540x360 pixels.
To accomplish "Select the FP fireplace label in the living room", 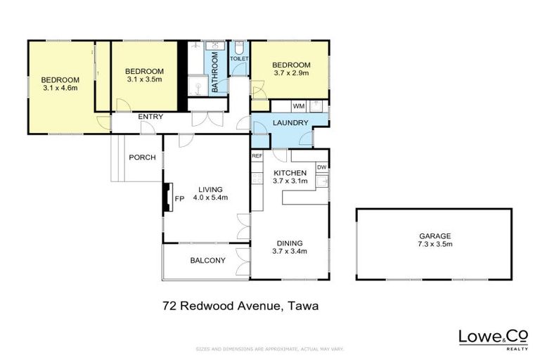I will tap(179, 199).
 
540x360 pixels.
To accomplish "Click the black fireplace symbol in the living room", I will tap(167, 198).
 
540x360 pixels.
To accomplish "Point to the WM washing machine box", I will tap(298, 105).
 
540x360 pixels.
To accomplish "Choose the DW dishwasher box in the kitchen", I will tap(321, 167).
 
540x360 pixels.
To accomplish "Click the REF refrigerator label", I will tap(257, 155).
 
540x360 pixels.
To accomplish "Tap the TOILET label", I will tap(239, 59).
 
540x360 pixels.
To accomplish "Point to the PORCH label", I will tap(141, 157).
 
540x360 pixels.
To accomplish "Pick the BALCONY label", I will tap(207, 261).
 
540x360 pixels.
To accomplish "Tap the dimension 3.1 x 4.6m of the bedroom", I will tap(60, 88).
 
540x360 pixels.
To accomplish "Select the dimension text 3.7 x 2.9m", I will tap(291, 74).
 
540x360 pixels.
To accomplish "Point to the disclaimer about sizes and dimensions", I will tap(270, 349).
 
